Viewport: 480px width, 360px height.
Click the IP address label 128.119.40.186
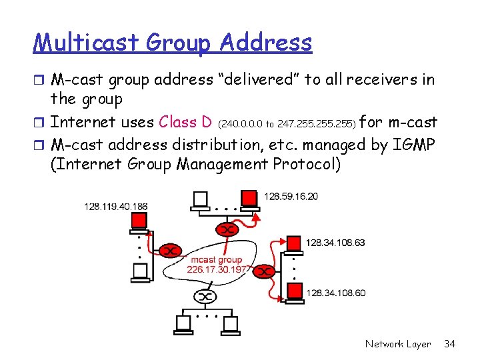[116, 207]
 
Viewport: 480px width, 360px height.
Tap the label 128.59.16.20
[291, 197]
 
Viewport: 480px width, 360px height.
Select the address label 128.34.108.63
[335, 242]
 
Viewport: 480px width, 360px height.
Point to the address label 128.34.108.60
[335, 292]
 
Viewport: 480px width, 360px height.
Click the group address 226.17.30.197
[217, 269]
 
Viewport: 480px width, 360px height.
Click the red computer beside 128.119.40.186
[139, 221]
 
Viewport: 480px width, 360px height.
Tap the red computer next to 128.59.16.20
[248, 198]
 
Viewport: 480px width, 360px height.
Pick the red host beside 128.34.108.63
[293, 242]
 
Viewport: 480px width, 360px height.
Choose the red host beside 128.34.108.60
[293, 290]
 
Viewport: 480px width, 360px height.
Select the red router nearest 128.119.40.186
[171, 251]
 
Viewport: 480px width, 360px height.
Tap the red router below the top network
[228, 230]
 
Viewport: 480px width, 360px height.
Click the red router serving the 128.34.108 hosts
[265, 271]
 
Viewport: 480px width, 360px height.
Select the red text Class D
[186, 122]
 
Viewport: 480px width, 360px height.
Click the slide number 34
[449, 344]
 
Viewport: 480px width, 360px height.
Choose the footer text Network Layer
[398, 344]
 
